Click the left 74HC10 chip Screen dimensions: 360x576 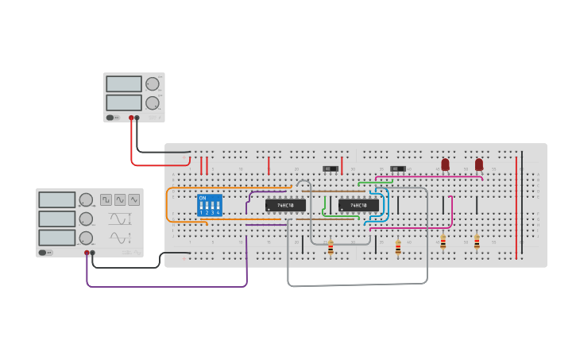click(285, 205)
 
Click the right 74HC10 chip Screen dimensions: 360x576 click(358, 205)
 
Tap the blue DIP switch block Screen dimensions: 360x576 click(210, 205)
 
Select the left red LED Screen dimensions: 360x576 click(445, 165)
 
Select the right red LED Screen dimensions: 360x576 click(478, 165)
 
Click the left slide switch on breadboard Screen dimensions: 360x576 click(331, 168)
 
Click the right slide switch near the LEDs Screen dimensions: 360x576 click(398, 168)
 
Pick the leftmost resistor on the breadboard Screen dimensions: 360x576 click(331, 248)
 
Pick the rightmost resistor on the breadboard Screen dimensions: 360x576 click(477, 242)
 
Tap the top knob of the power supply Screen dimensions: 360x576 click(152, 83)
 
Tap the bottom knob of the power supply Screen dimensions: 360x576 click(152, 103)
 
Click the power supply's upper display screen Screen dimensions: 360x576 click(124, 83)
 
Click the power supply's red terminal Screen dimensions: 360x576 click(131, 118)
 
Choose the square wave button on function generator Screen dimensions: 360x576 click(106, 199)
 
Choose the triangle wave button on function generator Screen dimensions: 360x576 click(134, 199)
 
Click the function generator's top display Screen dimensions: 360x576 click(57, 199)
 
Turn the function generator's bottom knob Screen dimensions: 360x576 click(86, 238)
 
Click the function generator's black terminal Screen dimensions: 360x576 click(93, 253)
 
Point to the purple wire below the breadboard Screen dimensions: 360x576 click(167, 285)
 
